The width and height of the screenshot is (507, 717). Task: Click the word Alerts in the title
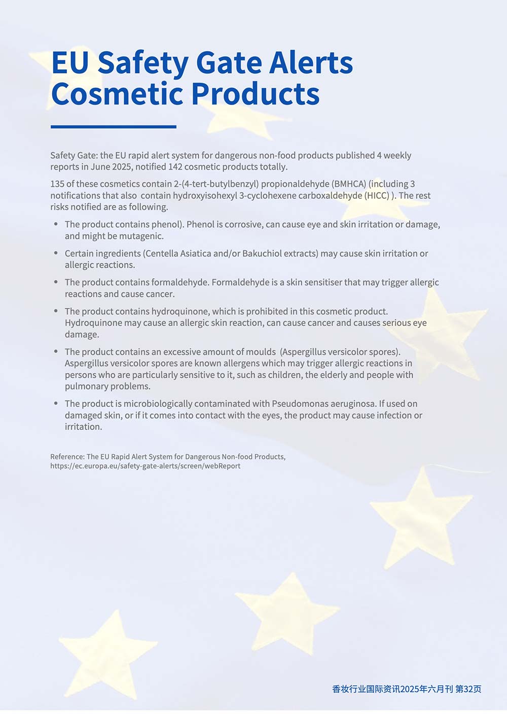(x=311, y=63)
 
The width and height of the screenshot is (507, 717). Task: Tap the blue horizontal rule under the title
(x=114, y=127)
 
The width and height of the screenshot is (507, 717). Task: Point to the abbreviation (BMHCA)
(x=349, y=184)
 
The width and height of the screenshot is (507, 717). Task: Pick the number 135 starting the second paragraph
(x=57, y=184)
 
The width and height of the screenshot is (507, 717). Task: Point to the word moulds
(x=261, y=351)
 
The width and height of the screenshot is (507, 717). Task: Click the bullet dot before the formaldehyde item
(x=56, y=282)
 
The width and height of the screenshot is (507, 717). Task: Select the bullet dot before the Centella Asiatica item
(x=56, y=253)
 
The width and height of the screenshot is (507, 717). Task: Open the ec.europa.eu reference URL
(x=145, y=466)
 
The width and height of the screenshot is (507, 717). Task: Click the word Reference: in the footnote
(x=67, y=457)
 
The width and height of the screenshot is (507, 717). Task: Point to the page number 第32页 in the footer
(x=468, y=689)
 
